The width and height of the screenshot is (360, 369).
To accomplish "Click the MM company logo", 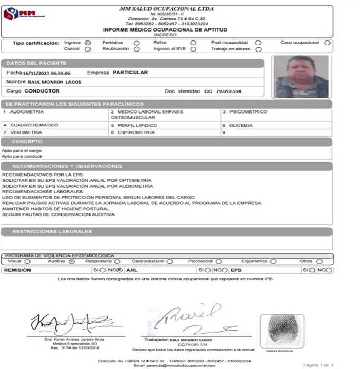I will (x=24, y=14).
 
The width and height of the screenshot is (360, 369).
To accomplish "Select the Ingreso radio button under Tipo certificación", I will (x=88, y=43).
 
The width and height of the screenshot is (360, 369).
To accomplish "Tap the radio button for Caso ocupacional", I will (x=327, y=43).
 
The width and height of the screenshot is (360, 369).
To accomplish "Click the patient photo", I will (x=302, y=77).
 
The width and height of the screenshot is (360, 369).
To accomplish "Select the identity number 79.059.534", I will (x=228, y=91).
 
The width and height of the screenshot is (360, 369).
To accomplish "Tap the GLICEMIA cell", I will (x=241, y=126).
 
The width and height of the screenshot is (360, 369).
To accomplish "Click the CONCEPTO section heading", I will (x=27, y=142).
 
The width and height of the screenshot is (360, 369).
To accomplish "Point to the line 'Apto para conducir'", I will (x=22, y=156).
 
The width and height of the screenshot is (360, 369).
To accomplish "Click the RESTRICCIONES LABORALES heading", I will (x=52, y=231).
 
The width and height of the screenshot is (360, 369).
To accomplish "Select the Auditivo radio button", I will (x=72, y=261).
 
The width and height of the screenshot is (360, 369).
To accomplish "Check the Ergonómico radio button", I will (x=273, y=261).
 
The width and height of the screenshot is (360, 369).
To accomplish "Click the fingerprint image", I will (x=283, y=330).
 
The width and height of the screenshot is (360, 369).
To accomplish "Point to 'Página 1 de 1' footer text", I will (x=318, y=365).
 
